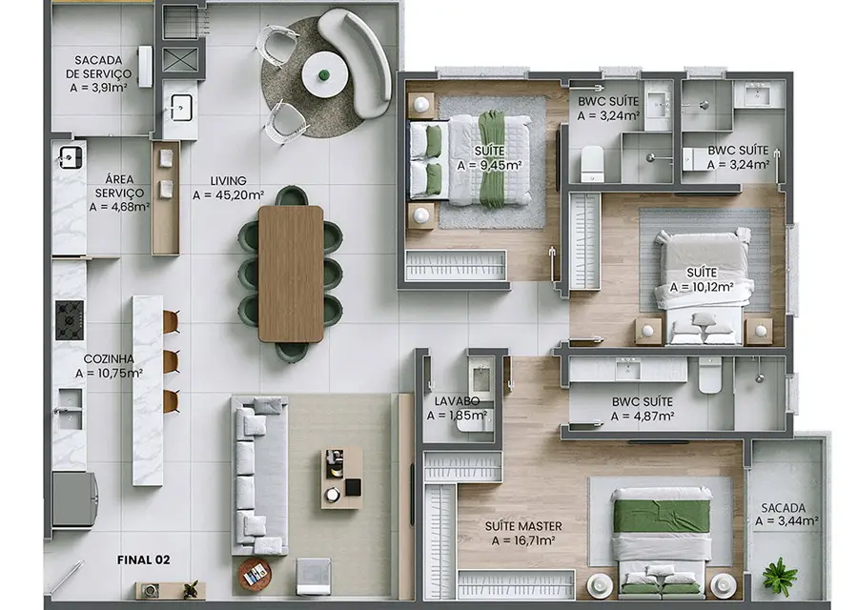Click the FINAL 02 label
click(143, 559)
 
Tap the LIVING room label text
click(228, 180)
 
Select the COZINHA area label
click(109, 359)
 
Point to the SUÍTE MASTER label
click(523, 526)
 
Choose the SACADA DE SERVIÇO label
click(98, 67)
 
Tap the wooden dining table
click(291, 274)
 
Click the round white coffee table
click(324, 74)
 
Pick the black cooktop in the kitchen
click(70, 320)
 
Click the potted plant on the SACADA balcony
click(780, 576)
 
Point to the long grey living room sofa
click(259, 476)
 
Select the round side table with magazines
click(255, 575)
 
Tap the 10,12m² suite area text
click(702, 287)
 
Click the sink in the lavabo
click(481, 376)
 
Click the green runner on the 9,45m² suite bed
click(491, 158)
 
